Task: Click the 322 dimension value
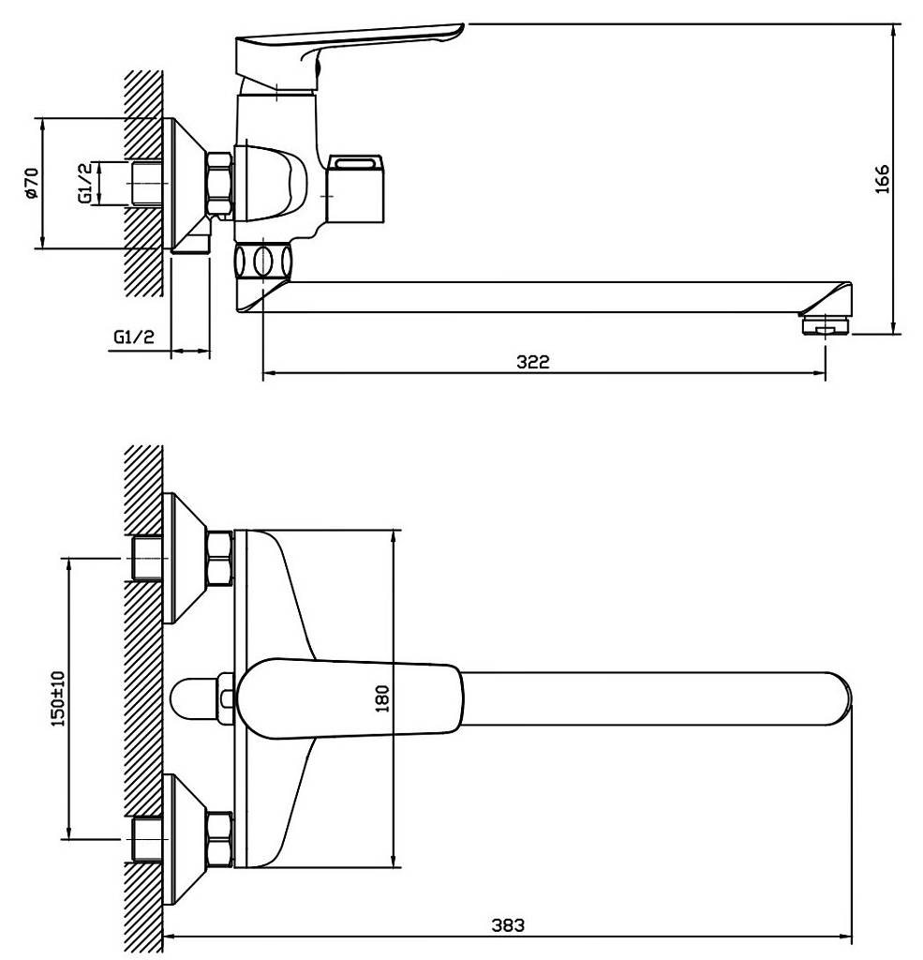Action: [533, 362]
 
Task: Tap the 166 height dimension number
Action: [882, 179]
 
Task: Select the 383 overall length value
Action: [508, 925]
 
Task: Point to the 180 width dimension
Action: [382, 698]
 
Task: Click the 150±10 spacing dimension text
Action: [57, 698]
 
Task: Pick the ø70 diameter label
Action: [31, 183]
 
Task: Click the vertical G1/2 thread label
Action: [86, 183]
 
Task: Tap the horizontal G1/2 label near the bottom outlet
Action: [134, 337]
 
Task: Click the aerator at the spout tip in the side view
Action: [826, 324]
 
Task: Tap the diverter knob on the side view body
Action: [355, 188]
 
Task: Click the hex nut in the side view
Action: [220, 184]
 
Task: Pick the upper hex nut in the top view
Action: [220, 558]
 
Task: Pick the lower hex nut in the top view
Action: [220, 839]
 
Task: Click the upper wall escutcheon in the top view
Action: [186, 558]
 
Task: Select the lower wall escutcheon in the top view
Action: [186, 839]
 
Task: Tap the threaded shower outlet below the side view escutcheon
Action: [191, 239]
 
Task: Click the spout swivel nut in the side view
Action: [262, 262]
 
